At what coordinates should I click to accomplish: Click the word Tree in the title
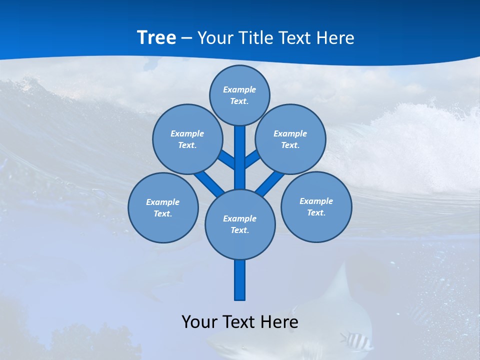156,37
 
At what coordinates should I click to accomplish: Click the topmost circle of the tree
239,95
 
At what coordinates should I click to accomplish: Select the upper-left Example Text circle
187,139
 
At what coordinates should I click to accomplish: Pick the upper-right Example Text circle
290,139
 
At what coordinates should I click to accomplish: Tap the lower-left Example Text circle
163,207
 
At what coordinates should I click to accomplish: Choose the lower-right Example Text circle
316,206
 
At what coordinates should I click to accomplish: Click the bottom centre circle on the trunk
240,224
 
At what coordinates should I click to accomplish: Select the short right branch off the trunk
252,159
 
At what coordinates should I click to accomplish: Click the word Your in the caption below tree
199,321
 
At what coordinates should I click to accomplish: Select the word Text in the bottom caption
240,321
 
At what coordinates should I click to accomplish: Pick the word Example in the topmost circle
239,89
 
